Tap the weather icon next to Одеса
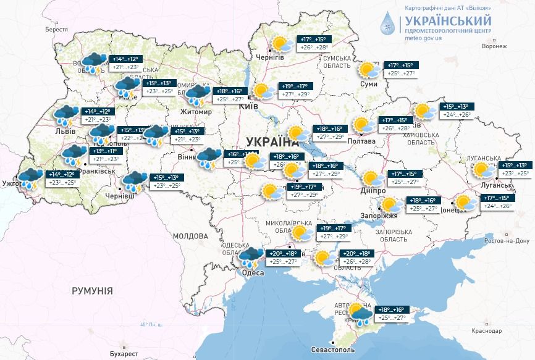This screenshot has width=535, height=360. pos(252,257)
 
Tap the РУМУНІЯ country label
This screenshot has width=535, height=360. pos(92,290)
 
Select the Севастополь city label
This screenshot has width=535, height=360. pos(337,350)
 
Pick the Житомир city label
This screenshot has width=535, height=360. pos(196,112)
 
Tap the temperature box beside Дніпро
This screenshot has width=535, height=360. pos(404,178)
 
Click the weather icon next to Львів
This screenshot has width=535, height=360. pos(65,115)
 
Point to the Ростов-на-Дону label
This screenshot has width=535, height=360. pos(501,240)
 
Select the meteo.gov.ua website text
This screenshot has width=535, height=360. pos(424,38)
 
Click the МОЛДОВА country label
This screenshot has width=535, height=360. pos(190,236)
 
